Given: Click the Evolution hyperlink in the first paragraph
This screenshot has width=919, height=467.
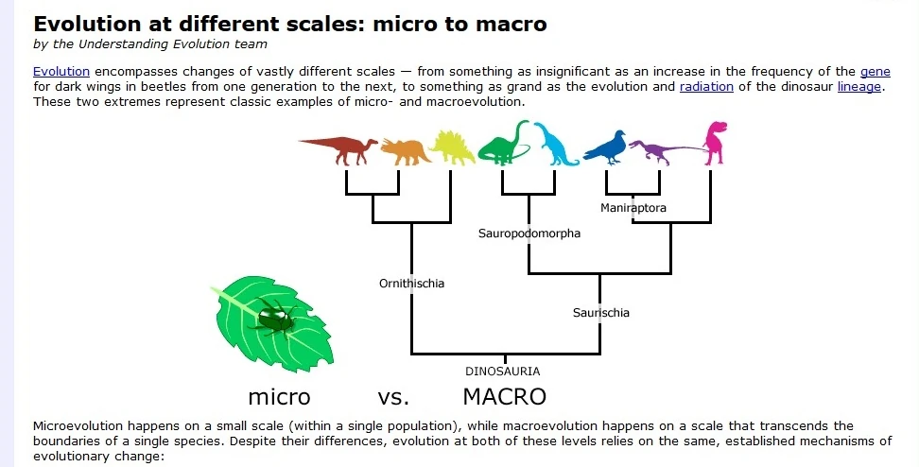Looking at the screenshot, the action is [x=61, y=72].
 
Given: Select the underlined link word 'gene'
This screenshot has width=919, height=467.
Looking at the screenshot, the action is [x=876, y=72].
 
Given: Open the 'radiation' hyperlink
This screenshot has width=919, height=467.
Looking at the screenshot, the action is [x=706, y=87].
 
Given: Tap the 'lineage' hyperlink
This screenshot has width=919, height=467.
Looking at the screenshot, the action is [x=859, y=87].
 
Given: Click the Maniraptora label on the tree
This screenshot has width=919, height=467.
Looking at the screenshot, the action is [x=633, y=207].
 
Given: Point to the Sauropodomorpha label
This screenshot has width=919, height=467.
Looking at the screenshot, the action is [x=529, y=233].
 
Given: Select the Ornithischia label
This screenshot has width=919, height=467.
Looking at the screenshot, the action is [x=411, y=284].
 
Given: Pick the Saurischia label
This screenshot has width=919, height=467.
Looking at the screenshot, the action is [x=600, y=313].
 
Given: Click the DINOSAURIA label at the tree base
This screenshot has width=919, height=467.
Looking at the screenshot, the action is [x=502, y=372].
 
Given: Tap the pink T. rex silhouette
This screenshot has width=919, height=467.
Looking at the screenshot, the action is [x=715, y=143].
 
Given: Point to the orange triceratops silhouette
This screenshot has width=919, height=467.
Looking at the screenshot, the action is [x=406, y=151].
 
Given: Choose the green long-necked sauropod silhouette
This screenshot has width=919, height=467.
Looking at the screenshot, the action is [x=503, y=144].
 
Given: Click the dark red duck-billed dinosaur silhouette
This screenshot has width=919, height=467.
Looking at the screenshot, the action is [x=340, y=149].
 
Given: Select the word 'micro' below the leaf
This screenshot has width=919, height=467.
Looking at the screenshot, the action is [x=279, y=397].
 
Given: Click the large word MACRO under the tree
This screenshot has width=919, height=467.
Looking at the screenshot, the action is [x=504, y=397].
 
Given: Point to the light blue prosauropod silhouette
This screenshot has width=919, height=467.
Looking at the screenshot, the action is [x=554, y=145].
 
